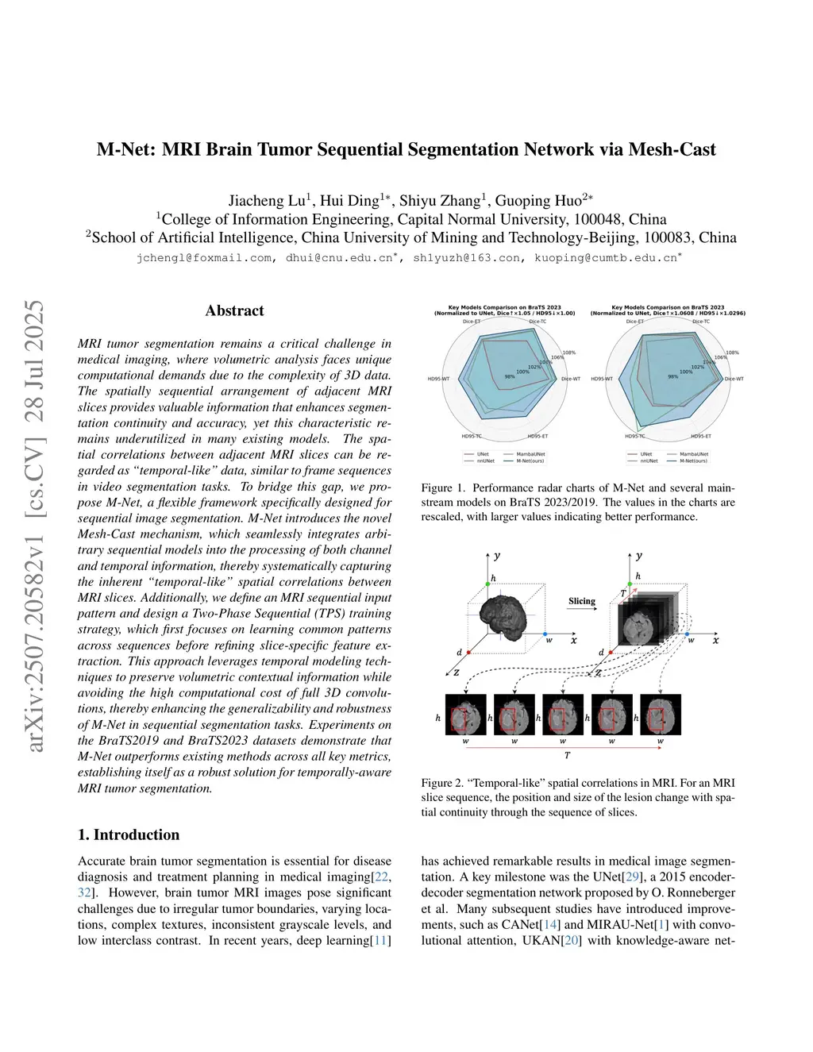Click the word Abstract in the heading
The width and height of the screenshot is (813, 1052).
234,310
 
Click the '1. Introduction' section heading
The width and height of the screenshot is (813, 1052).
129,834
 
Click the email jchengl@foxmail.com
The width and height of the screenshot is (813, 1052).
204,258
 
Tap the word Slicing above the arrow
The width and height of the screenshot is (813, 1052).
582,601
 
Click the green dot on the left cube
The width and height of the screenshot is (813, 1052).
488,584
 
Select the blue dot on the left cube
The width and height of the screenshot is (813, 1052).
545,635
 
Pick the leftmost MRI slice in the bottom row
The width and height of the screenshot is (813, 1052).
465,717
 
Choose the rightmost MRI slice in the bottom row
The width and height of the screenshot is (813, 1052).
660,717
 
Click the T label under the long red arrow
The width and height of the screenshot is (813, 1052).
567,756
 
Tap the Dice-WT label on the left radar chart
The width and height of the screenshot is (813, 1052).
570,379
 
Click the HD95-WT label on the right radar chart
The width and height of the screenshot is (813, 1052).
601,379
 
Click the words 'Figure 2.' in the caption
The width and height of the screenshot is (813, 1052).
439,783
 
